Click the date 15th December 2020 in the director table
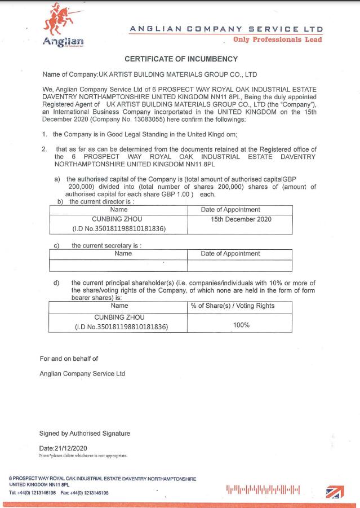pyautogui.click(x=241, y=219)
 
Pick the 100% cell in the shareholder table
pyautogui.click(x=241, y=325)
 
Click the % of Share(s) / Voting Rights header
pyautogui.click(x=233, y=306)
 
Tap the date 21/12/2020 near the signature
pyautogui.click(x=69, y=447)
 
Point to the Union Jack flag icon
pyautogui.click(x=336, y=491)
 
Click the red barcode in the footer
pyautogui.click(x=263, y=489)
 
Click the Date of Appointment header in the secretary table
pyautogui.click(x=230, y=254)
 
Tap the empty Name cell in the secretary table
pyautogui.click(x=118, y=265)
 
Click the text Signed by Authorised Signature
pyautogui.click(x=85, y=434)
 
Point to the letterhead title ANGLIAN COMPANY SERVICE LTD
pyautogui.click(x=226, y=28)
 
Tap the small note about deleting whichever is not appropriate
pyautogui.click(x=83, y=455)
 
